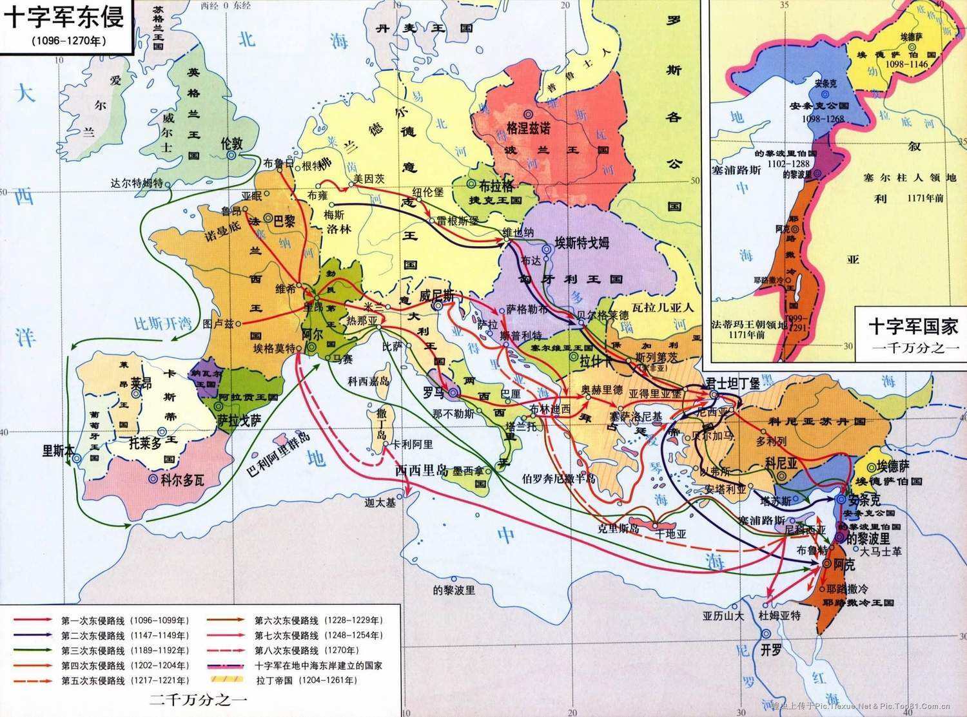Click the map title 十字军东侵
pyautogui.click(x=64, y=17)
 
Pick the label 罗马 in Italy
pyautogui.click(x=434, y=392)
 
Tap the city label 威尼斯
pyautogui.click(x=436, y=296)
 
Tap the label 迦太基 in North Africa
pyautogui.click(x=380, y=502)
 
